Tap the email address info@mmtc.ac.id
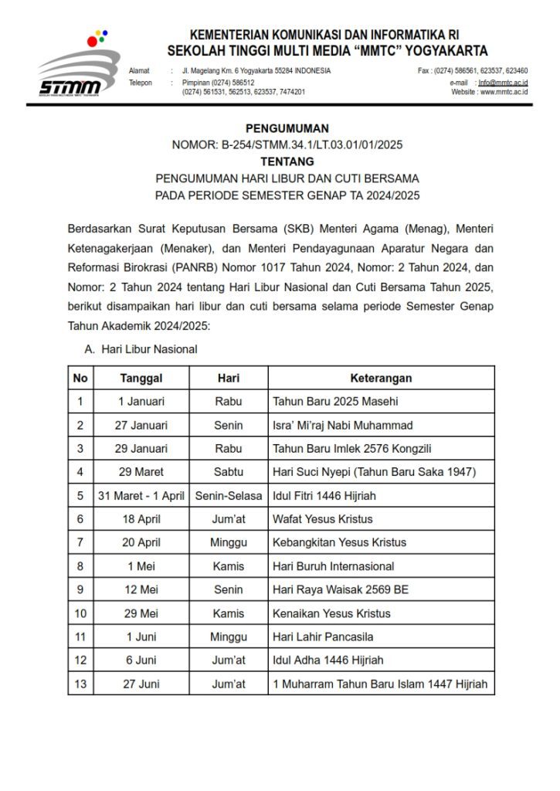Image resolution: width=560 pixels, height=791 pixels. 503,81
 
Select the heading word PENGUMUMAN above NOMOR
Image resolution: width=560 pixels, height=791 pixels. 287,128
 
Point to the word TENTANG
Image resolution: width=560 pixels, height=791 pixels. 287,161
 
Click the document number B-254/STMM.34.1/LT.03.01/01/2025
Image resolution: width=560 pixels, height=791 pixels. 311,145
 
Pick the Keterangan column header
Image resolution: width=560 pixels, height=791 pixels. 381,378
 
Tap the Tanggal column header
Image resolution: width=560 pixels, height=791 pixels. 141,378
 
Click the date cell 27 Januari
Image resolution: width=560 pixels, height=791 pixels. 141,425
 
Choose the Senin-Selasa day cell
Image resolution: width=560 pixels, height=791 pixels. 229,495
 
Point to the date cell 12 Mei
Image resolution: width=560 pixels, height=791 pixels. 141,589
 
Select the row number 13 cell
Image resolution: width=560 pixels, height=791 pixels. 80,684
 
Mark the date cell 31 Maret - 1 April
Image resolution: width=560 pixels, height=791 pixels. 141,495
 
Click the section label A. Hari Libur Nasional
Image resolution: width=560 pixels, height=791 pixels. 141,349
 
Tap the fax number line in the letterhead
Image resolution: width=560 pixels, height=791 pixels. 473,70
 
